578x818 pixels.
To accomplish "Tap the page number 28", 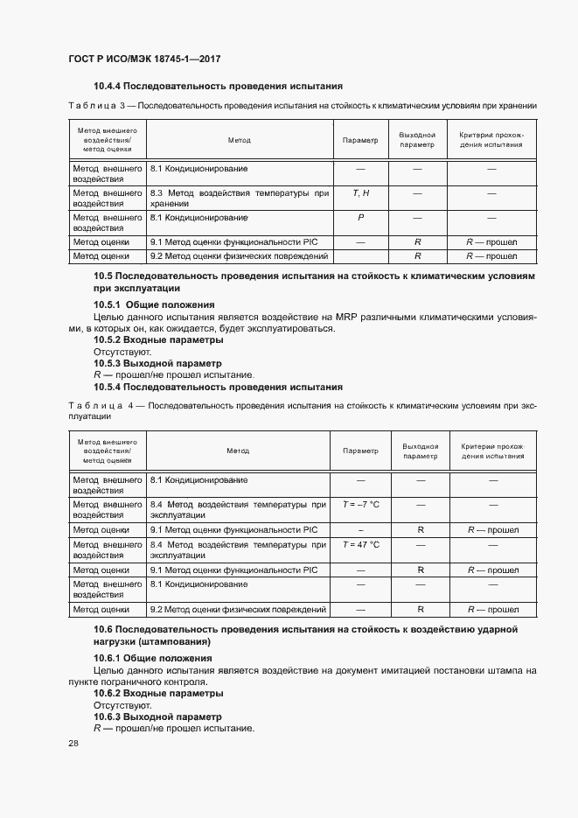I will pos(73,744).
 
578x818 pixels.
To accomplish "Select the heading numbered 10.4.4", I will pos(217,86).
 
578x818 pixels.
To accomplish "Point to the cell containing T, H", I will pos(360,192).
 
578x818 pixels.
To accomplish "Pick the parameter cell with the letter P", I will pos(360,217).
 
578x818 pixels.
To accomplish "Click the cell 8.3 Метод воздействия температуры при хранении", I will pos(240,198).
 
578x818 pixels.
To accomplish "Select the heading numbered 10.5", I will pos(312,282).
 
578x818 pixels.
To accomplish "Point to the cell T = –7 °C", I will pos(360,505).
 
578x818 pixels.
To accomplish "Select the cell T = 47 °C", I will pos(360,544).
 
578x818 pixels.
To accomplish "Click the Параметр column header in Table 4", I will pos(360,451).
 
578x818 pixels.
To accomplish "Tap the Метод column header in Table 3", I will pos(239,140).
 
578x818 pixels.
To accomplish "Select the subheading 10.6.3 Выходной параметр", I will pos(158,717).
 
